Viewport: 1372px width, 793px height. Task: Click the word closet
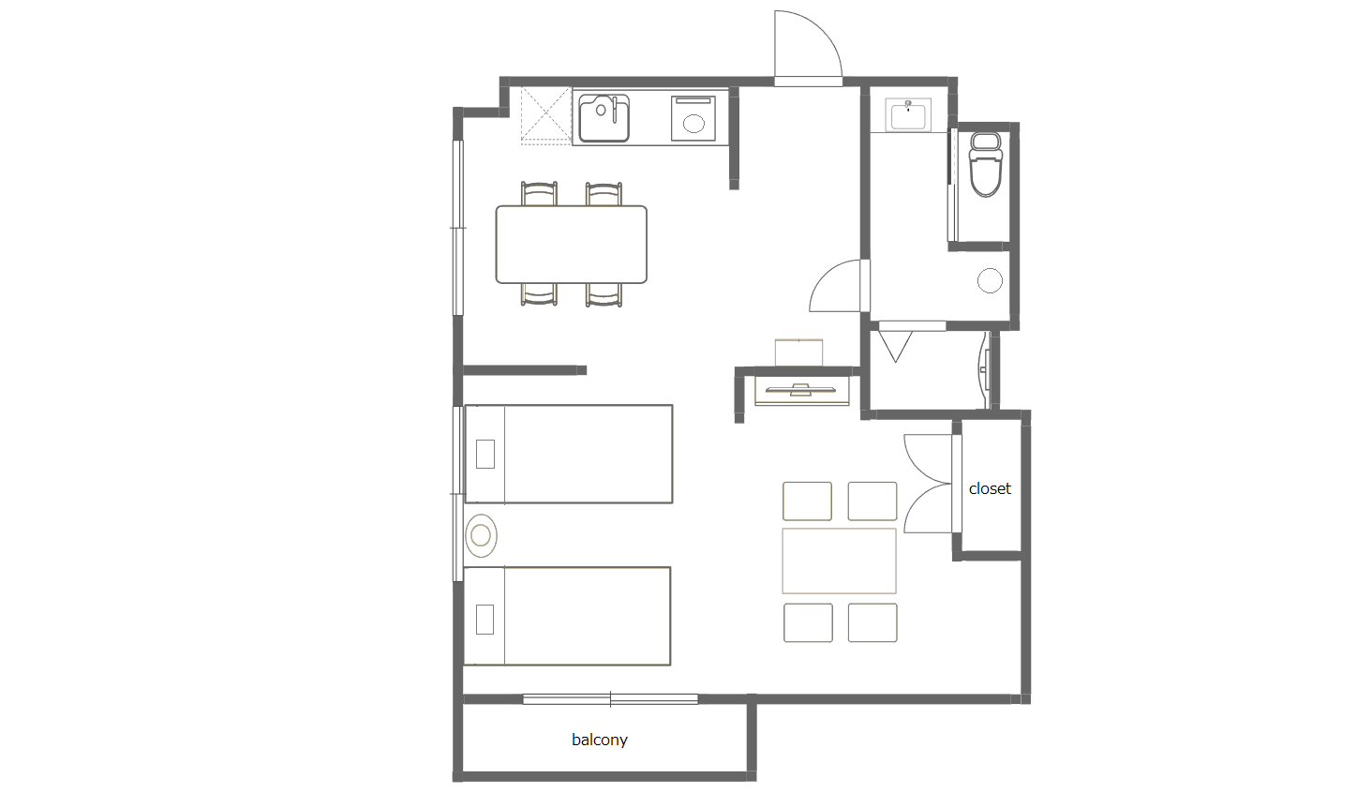pos(990,488)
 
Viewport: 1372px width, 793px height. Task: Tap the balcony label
pos(599,740)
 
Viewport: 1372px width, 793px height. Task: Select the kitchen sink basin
pos(604,118)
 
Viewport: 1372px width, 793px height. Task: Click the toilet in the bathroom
pos(986,165)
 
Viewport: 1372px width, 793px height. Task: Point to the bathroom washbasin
pos(908,115)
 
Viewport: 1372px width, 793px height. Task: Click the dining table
pos(571,245)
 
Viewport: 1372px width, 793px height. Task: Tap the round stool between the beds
pos(481,535)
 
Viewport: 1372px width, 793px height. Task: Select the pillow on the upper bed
pos(485,454)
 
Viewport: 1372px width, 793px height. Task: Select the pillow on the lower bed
pos(485,619)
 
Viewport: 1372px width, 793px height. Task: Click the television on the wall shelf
pos(800,389)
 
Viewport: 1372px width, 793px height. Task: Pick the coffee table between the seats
pos(839,561)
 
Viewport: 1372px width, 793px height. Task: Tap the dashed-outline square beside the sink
pos(545,116)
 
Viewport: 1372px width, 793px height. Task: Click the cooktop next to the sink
pos(693,118)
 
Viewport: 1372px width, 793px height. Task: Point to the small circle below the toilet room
pos(990,281)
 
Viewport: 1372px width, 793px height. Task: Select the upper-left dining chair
pos(539,194)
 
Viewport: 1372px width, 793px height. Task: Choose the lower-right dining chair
pos(604,294)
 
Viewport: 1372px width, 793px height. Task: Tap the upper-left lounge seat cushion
pos(807,501)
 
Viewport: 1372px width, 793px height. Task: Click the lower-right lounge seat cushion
pos(872,622)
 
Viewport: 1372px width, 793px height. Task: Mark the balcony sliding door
pos(610,699)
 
